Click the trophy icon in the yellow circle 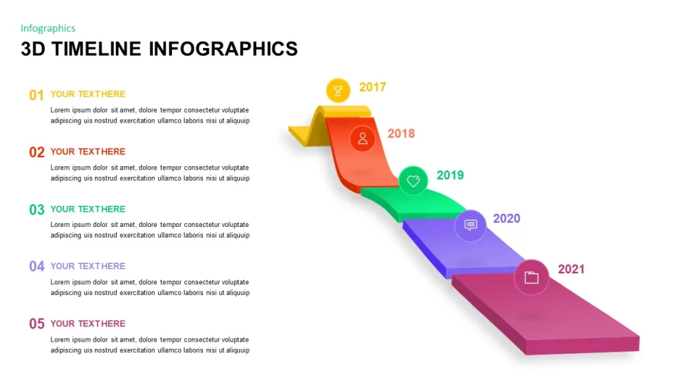pos(338,90)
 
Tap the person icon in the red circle pos(363,139)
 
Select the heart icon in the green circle pos(413,181)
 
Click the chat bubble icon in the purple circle pos(471,225)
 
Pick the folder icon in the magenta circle pos(531,278)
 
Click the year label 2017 pos(372,87)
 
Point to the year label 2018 pos(401,133)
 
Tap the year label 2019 pos(450,175)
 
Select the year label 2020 pos(506,218)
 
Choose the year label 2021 pos(571,269)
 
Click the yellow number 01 pos(37,95)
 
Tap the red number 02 pos(37,152)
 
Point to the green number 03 pos(37,210)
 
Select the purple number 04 pos(37,267)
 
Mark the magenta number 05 pos(37,323)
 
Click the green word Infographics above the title pos(47,28)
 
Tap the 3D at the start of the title pos(33,49)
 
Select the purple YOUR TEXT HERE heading pos(88,267)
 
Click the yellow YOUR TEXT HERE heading pos(88,94)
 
